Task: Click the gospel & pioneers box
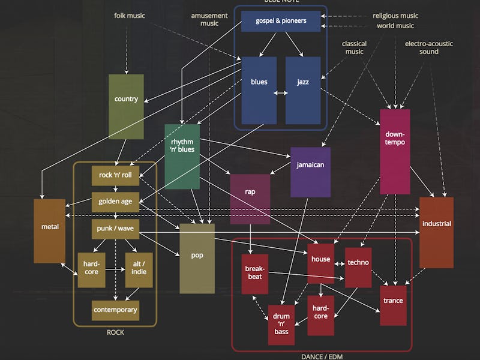(x=281, y=21)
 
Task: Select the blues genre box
(x=259, y=90)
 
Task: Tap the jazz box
(x=303, y=90)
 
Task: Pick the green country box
(x=126, y=106)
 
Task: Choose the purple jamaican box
(x=310, y=172)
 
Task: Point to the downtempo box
(x=395, y=151)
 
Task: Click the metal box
(x=49, y=230)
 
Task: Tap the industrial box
(x=436, y=232)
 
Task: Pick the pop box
(x=197, y=258)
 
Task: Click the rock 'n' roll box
(x=115, y=175)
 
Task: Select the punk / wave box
(x=115, y=229)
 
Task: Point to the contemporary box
(x=115, y=310)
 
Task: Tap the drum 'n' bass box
(x=281, y=324)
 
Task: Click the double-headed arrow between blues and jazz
(x=281, y=93)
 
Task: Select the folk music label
(x=130, y=15)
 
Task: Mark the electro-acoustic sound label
(x=429, y=47)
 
